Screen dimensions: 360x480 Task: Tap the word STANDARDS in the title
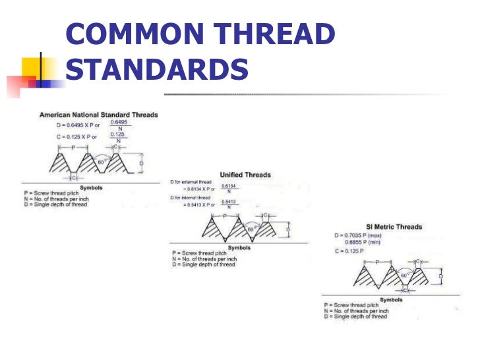click(x=157, y=69)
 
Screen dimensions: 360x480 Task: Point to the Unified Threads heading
click(x=245, y=175)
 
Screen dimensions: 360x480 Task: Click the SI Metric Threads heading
click(x=394, y=227)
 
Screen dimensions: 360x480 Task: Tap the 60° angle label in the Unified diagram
click(x=251, y=229)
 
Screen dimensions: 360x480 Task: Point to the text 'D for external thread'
click(x=190, y=181)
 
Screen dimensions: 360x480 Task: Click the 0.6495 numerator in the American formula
click(x=118, y=122)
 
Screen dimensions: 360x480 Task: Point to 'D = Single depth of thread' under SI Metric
click(x=355, y=316)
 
